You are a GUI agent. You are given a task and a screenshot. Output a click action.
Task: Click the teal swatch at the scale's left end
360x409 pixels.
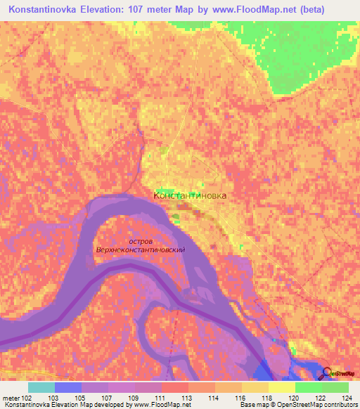pos(41,387)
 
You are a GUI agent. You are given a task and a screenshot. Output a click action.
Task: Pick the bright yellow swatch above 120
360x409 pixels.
pos(281,387)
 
